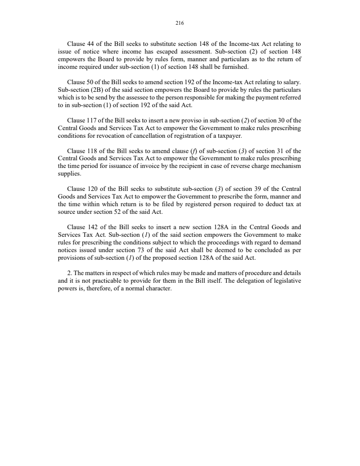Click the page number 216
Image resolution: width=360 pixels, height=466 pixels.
coord(180,23)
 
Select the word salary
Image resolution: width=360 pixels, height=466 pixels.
coord(291,82)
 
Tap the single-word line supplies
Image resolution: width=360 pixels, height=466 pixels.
coord(70,174)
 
